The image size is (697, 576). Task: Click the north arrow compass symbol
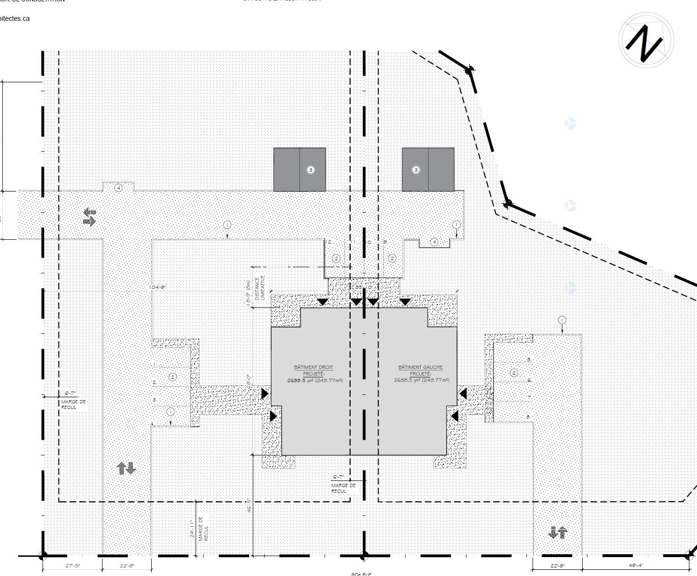(646, 40)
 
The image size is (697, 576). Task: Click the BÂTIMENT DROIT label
(313, 367)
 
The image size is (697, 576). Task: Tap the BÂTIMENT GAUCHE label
(420, 367)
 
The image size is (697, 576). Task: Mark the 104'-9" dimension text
(158, 288)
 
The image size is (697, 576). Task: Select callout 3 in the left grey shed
(310, 170)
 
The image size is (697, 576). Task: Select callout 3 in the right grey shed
(416, 170)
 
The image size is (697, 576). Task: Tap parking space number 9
(385, 242)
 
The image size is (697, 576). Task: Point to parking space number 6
(529, 380)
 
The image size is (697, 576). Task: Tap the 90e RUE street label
(361, 574)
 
